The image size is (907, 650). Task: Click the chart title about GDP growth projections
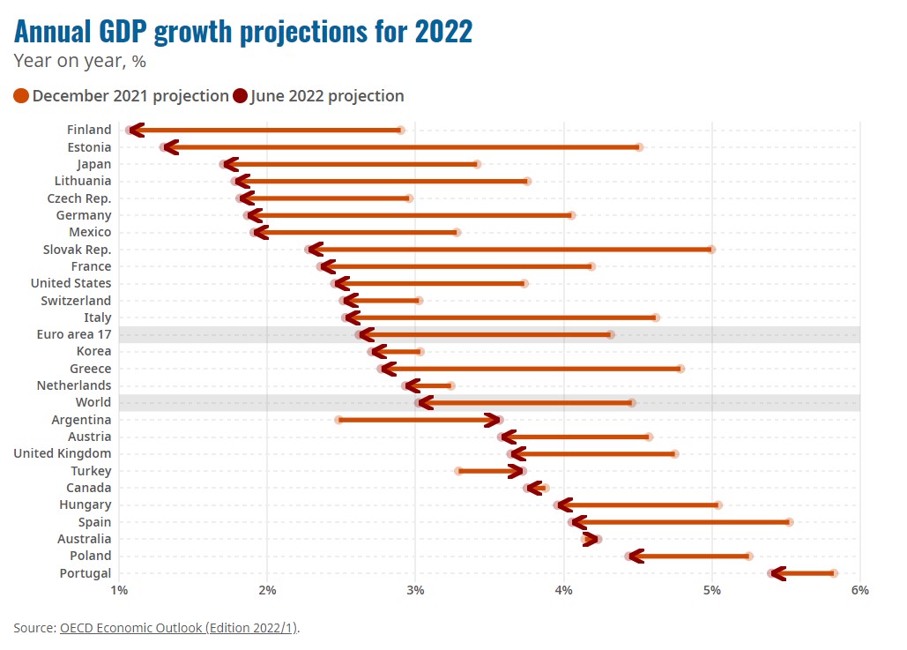243,32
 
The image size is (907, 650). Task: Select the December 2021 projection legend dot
22,96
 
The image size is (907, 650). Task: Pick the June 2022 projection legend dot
240,96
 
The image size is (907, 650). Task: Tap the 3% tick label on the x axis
415,590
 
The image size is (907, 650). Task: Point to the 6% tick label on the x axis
860,590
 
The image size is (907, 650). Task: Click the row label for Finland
89,130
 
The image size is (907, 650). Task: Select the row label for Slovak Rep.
78,250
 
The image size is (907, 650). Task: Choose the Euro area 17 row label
74,334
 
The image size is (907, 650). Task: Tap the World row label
93,403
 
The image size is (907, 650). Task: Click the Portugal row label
85,573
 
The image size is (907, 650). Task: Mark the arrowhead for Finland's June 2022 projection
134,130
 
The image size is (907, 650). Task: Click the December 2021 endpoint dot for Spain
789,522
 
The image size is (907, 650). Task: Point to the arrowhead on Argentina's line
495,420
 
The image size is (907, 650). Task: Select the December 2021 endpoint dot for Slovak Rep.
711,250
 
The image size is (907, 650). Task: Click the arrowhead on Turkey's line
518,471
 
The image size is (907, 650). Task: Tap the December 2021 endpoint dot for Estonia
639,147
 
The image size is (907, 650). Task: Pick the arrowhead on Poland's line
634,556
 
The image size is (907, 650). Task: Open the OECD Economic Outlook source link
179,628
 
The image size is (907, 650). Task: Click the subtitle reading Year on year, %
80,62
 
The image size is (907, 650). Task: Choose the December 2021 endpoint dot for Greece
680,369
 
